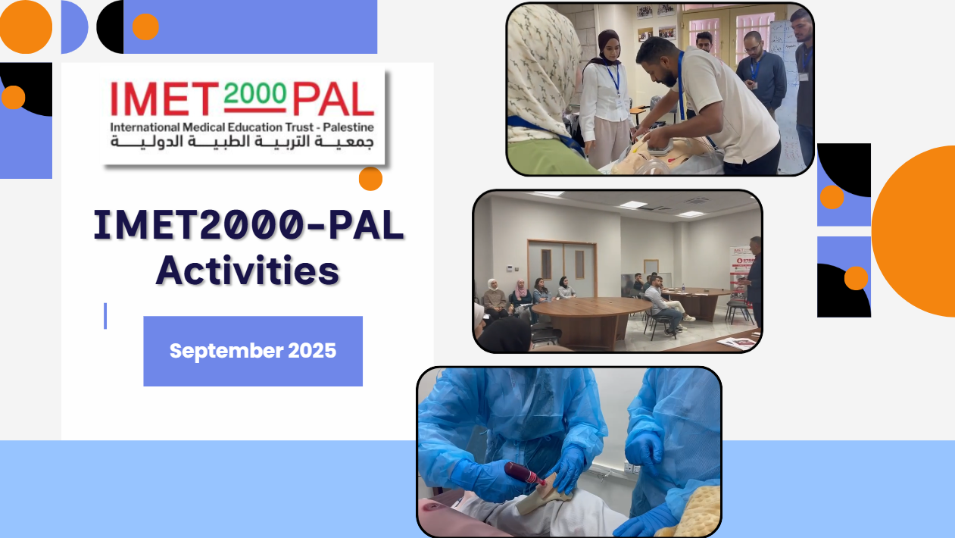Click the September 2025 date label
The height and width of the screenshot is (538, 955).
(253, 351)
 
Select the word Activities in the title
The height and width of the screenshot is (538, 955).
(247, 271)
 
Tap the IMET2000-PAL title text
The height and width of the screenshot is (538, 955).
(248, 226)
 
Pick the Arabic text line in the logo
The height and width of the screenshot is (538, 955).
(242, 142)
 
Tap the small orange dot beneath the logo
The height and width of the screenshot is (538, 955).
(370, 179)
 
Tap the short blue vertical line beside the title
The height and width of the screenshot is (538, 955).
(105, 316)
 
